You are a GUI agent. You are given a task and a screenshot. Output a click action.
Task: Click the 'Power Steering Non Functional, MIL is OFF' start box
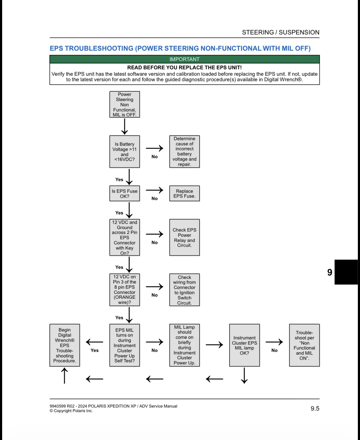pos(125,105)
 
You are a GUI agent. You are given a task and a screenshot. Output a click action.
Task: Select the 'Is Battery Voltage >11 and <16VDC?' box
pos(125,152)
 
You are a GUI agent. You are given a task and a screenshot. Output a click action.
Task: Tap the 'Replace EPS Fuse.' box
pos(184,193)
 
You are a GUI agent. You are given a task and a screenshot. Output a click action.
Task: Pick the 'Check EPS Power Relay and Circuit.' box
pos(184,237)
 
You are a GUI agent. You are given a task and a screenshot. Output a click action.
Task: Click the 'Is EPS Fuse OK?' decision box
pos(125,193)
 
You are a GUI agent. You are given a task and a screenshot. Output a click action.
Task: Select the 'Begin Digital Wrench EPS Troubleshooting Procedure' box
pos(65,345)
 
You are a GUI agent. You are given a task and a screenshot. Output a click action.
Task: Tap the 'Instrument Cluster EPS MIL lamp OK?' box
pos(244,345)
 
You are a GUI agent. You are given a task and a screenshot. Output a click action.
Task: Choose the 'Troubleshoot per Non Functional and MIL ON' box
pos(304,345)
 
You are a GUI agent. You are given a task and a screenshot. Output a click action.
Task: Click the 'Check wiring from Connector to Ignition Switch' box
pos(184,290)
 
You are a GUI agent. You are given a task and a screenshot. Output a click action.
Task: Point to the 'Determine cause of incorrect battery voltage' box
pos(184,152)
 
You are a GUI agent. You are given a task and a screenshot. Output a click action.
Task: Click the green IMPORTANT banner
pos(184,59)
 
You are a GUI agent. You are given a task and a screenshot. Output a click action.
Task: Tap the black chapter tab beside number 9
pos(346,272)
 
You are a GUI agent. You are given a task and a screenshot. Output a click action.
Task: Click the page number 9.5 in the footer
pos(315,409)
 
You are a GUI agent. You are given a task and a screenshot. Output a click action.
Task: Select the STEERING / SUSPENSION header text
pos(281,32)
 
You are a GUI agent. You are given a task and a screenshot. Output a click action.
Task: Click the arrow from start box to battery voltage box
pos(125,127)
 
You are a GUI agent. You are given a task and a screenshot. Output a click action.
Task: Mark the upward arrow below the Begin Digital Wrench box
pos(64,375)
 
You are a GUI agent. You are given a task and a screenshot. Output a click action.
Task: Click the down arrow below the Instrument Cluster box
pos(244,375)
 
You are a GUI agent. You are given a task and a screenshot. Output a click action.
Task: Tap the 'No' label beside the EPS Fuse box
pos(155,199)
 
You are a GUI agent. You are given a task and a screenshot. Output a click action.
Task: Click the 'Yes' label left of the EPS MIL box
pos(95,350)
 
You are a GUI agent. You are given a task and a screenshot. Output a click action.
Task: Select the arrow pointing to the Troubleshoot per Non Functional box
pos(274,342)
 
